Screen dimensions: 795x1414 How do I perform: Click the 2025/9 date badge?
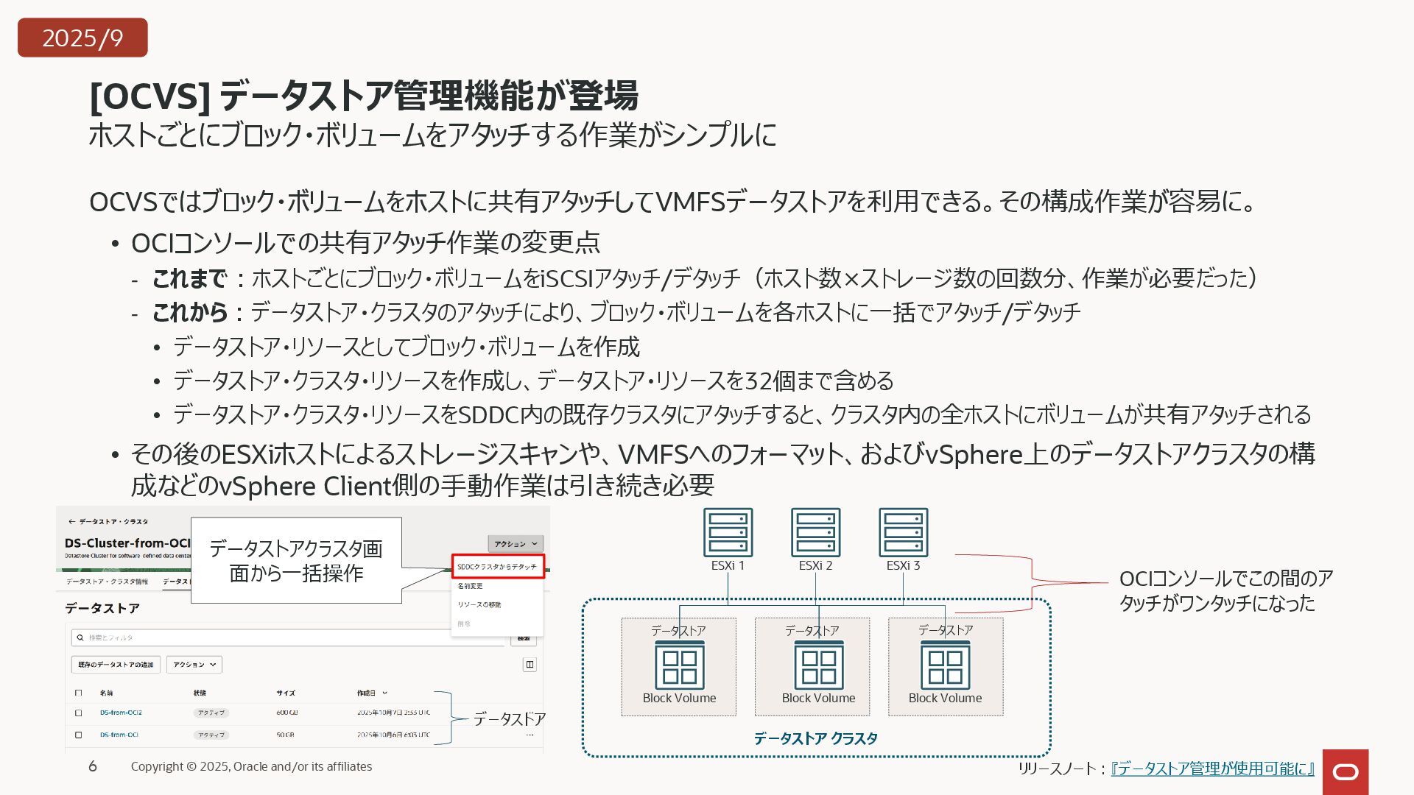click(82, 38)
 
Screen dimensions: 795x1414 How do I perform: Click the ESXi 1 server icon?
click(728, 532)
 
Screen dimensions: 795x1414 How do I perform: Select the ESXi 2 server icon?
click(815, 532)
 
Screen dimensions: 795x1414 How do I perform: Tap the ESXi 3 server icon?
click(903, 532)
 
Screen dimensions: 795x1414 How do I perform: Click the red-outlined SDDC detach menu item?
click(497, 567)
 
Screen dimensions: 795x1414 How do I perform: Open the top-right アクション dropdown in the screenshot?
click(515, 544)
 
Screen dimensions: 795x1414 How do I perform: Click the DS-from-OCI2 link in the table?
click(121, 713)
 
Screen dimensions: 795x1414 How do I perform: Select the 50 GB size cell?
click(285, 735)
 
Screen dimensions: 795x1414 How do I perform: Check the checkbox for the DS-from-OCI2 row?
click(79, 713)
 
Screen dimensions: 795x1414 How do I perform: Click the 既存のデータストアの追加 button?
click(116, 665)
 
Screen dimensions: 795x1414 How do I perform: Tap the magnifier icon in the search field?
click(79, 637)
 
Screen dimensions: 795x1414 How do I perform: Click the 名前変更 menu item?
click(470, 586)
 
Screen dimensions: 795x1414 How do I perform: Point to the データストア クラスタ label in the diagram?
click(815, 738)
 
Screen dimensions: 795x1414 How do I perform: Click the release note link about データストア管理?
click(1212, 768)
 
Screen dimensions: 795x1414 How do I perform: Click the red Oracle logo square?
click(1346, 771)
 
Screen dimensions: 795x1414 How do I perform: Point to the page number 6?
click(93, 766)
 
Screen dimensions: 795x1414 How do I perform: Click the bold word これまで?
click(189, 278)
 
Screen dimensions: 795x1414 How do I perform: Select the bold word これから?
click(189, 312)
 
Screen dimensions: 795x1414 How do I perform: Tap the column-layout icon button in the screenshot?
click(530, 665)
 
